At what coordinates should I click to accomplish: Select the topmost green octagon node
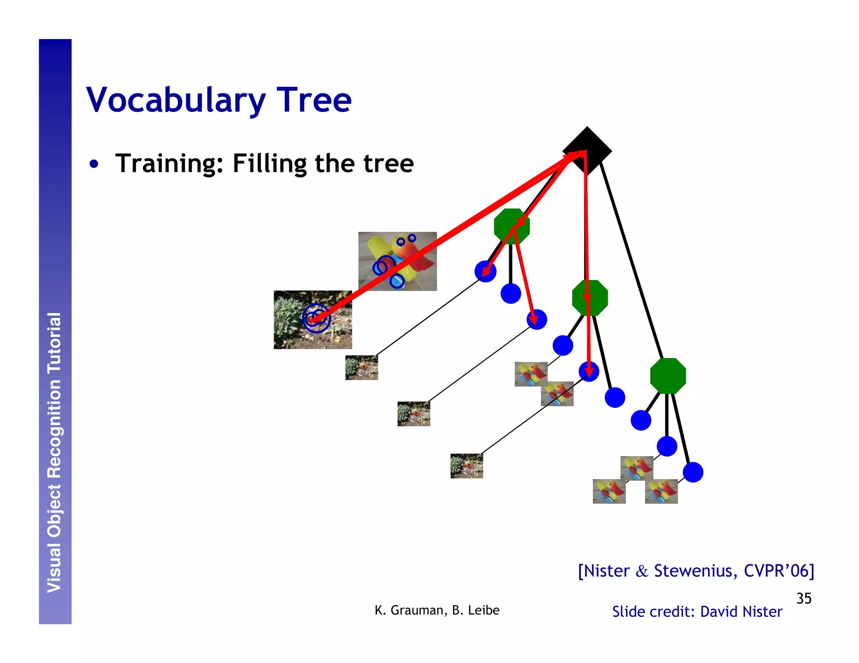click(x=511, y=226)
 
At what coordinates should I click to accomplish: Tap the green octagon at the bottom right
click(x=668, y=376)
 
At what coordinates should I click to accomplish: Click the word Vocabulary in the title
click(x=176, y=101)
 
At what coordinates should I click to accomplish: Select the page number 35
click(x=804, y=598)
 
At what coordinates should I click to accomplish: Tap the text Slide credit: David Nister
click(x=697, y=612)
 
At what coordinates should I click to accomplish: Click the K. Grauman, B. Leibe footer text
click(x=437, y=610)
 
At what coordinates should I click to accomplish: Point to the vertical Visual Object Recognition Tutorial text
click(x=55, y=453)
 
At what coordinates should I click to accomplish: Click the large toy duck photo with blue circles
click(x=397, y=261)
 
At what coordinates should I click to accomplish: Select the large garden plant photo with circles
click(x=312, y=319)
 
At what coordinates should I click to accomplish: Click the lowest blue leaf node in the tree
click(x=693, y=472)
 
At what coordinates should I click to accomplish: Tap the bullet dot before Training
click(x=94, y=164)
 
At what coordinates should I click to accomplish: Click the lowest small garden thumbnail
click(x=466, y=466)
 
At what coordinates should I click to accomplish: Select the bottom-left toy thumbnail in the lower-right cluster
click(x=609, y=491)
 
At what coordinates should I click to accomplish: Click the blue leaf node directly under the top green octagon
click(x=510, y=293)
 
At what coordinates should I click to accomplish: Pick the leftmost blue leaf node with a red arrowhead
click(x=485, y=271)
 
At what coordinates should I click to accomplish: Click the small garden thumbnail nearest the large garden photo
click(x=361, y=368)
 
